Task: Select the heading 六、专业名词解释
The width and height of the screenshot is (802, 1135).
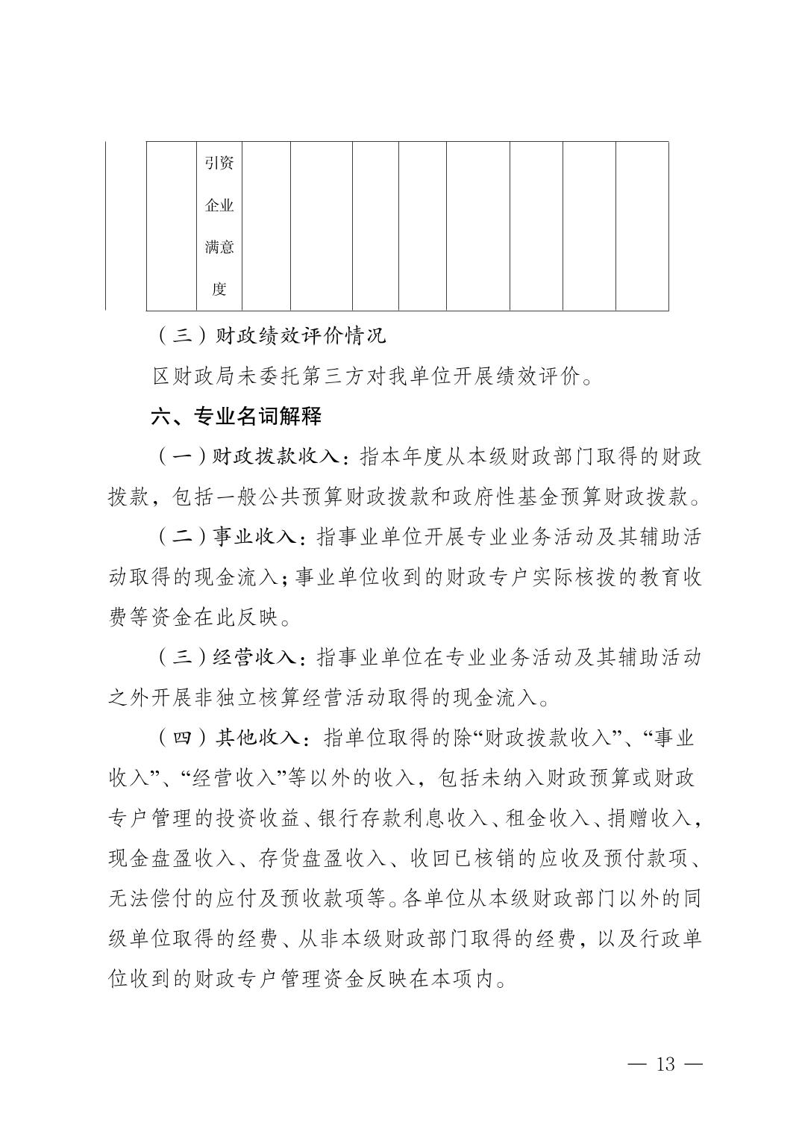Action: coord(236,416)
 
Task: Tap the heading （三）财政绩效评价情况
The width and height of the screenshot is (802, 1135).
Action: coord(271,335)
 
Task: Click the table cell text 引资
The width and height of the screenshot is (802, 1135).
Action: coord(219,162)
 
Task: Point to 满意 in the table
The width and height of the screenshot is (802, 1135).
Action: coord(219,246)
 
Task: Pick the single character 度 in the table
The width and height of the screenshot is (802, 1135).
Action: coord(219,289)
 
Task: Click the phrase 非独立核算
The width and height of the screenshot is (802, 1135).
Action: coord(239,698)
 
